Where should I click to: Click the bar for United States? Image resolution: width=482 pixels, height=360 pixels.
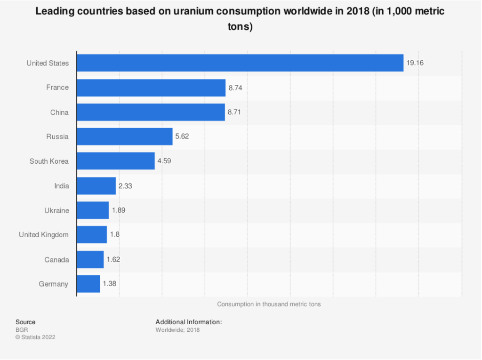(x=240, y=63)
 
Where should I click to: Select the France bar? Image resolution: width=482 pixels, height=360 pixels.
(x=151, y=88)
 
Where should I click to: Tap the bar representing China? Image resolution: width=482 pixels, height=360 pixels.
(x=151, y=112)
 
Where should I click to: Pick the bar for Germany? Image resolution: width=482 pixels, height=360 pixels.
(x=88, y=284)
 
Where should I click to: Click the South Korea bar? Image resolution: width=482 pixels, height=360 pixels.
(x=115, y=161)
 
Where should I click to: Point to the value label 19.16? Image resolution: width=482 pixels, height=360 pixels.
(x=415, y=63)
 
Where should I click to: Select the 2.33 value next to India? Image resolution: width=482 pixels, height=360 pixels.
(x=125, y=186)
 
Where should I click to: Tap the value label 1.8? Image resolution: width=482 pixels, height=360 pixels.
(x=115, y=235)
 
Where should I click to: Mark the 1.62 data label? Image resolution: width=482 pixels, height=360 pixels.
(x=113, y=259)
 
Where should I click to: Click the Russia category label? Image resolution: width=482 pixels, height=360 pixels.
(x=57, y=136)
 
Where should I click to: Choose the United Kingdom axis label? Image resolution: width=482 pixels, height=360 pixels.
(x=44, y=235)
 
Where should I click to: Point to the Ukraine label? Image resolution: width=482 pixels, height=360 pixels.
(x=56, y=210)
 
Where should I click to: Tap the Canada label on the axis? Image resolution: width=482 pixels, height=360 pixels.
(x=56, y=259)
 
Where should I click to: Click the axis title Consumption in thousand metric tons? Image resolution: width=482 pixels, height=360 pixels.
(x=269, y=304)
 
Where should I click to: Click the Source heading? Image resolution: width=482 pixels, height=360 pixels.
(x=25, y=322)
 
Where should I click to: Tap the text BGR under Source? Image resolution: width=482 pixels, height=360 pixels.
(x=22, y=330)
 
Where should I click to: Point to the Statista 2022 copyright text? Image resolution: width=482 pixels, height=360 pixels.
(x=35, y=337)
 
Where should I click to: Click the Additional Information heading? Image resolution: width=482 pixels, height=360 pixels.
(x=188, y=322)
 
